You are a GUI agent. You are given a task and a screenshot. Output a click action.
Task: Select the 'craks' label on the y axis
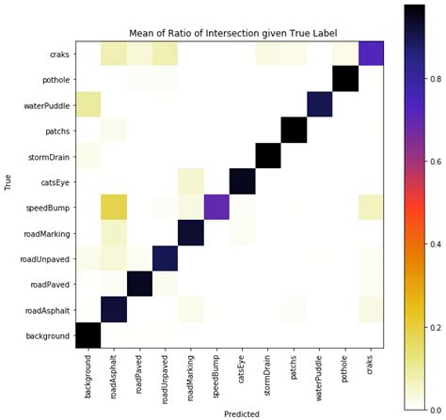(56, 54)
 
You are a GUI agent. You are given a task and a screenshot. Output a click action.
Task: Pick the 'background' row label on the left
(46, 334)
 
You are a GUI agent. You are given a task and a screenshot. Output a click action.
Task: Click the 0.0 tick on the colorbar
(436, 407)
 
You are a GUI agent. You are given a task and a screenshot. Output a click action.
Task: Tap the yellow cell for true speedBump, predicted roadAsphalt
(114, 206)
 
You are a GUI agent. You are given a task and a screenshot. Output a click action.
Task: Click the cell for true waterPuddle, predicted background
(88, 105)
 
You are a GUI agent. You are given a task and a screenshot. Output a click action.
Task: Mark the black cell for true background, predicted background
(88, 334)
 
